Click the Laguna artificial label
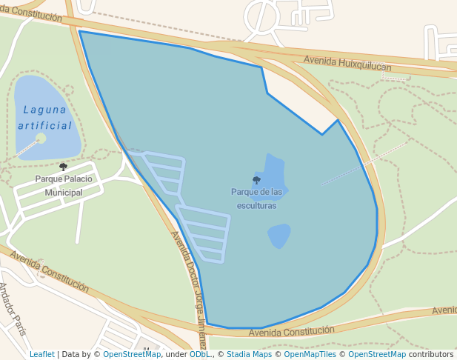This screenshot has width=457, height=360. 46,117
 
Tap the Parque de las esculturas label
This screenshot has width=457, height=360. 256,199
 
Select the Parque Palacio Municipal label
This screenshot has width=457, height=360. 64,185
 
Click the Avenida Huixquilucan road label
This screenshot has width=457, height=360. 347,64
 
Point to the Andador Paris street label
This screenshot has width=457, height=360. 13,308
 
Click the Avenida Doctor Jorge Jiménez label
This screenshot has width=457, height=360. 189,289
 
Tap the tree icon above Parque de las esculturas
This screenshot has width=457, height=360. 256,180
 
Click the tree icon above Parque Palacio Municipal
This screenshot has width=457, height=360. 63,167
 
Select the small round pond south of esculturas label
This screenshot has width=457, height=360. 279,236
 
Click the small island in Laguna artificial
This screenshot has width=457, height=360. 41,139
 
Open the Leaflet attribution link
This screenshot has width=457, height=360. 42,354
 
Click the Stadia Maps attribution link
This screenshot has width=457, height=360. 249,354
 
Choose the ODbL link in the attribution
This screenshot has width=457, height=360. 199,354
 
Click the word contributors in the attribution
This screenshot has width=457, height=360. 431,354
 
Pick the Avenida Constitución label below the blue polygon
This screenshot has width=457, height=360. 291,330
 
